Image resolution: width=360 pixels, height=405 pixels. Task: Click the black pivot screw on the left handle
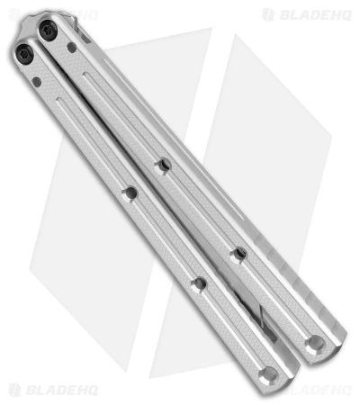[x=25, y=56]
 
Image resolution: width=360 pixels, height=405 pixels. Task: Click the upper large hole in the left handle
[x=131, y=193]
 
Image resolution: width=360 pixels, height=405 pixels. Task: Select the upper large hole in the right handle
[x=164, y=165]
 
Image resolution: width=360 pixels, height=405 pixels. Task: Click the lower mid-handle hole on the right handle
[x=238, y=255]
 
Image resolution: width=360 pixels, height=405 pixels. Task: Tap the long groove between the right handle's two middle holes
[x=201, y=210]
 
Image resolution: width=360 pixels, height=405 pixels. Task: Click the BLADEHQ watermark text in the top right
[x=311, y=14]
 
